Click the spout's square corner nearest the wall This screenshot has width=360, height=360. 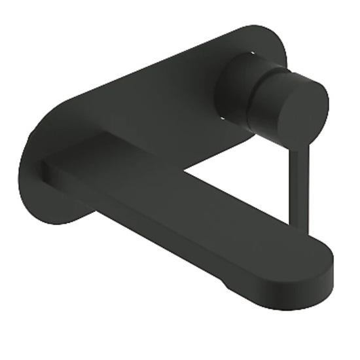(45, 164)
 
